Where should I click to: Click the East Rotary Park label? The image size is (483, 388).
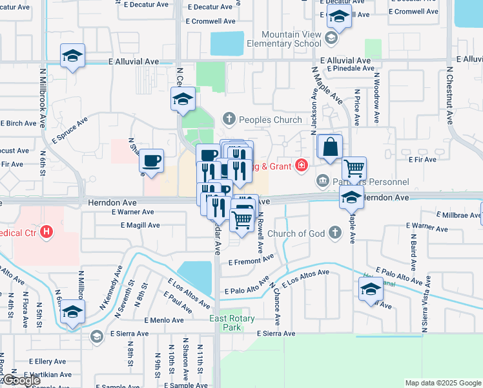click(232, 323)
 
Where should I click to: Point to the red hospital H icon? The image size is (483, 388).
click(46, 231)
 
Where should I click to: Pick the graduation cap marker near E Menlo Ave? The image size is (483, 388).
click(72, 312)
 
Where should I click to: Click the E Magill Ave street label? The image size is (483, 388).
click(140, 225)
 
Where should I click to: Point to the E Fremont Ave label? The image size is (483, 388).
click(252, 260)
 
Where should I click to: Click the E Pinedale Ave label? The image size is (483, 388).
click(349, 68)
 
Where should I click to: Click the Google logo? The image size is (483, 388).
click(21, 380)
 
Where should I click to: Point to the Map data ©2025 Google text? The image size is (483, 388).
click(442, 383)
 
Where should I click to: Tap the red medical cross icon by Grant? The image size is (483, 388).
click(300, 165)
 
